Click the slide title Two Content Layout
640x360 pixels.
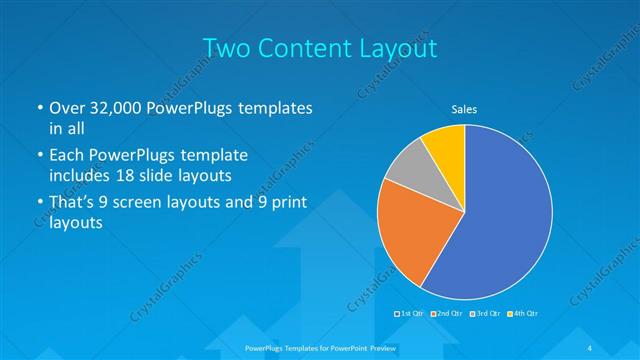tap(320, 47)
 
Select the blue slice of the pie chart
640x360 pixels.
tap(500, 220)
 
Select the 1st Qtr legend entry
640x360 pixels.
tap(411, 314)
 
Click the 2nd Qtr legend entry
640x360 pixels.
tap(447, 314)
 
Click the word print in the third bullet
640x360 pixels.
tap(286, 204)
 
